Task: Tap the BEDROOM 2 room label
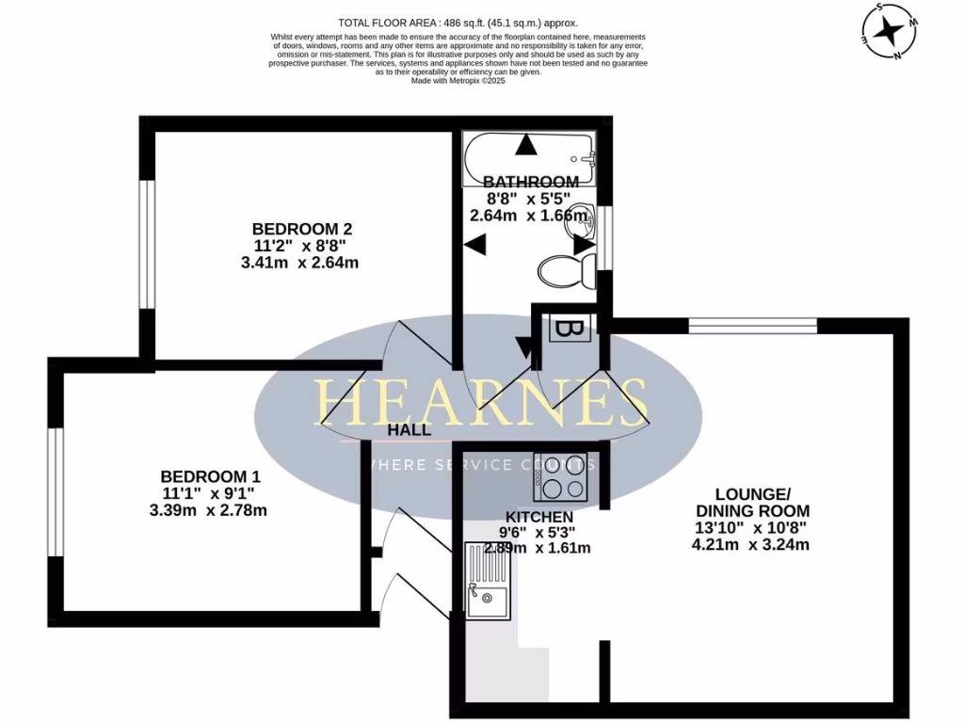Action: pyautogui.click(x=302, y=229)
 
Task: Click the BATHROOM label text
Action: pyautogui.click(x=531, y=182)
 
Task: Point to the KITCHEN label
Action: pyautogui.click(x=539, y=517)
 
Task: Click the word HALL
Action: pyautogui.click(x=410, y=430)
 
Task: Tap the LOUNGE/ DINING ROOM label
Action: pyautogui.click(x=750, y=502)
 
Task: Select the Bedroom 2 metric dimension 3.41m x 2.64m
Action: pyautogui.click(x=301, y=263)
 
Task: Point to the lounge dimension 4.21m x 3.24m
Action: pyautogui.click(x=750, y=544)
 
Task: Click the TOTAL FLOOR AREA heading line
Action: pyautogui.click(x=458, y=23)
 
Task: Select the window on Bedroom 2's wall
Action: pyautogui.click(x=147, y=243)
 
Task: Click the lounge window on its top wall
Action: pyautogui.click(x=752, y=325)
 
